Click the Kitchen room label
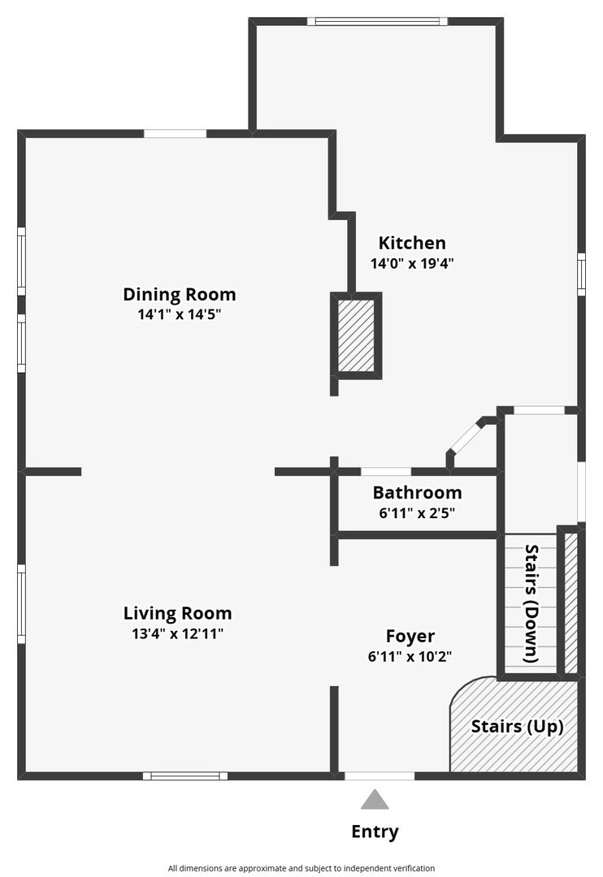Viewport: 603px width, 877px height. pyautogui.click(x=412, y=244)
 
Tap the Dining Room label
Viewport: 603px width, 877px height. pyautogui.click(x=179, y=294)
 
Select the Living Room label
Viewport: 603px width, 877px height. pyautogui.click(x=177, y=613)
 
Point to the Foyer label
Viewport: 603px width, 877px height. pyautogui.click(x=410, y=637)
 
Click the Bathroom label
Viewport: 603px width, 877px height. pyautogui.click(x=417, y=493)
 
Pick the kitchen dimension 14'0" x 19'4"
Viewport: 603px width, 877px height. pyautogui.click(x=411, y=263)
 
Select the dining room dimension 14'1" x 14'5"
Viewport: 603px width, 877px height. pyautogui.click(x=179, y=314)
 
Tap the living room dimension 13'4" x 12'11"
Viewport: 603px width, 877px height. pyautogui.click(x=177, y=633)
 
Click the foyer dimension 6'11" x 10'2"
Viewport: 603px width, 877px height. pyautogui.click(x=410, y=656)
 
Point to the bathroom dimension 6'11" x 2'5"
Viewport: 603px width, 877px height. pyautogui.click(x=417, y=513)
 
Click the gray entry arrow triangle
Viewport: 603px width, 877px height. pyautogui.click(x=375, y=801)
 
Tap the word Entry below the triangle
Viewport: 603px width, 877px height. pyautogui.click(x=375, y=832)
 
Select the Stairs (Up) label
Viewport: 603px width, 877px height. pyautogui.click(x=517, y=727)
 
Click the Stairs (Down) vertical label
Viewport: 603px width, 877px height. pyautogui.click(x=531, y=603)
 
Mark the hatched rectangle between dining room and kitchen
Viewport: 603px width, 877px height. pyautogui.click(x=356, y=335)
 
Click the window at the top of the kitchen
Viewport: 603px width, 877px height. pyautogui.click(x=377, y=21)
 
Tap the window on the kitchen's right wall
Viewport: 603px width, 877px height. pyautogui.click(x=581, y=274)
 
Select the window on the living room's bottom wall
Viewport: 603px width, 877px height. pyautogui.click(x=185, y=775)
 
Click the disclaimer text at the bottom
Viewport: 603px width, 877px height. pyautogui.click(x=301, y=868)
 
